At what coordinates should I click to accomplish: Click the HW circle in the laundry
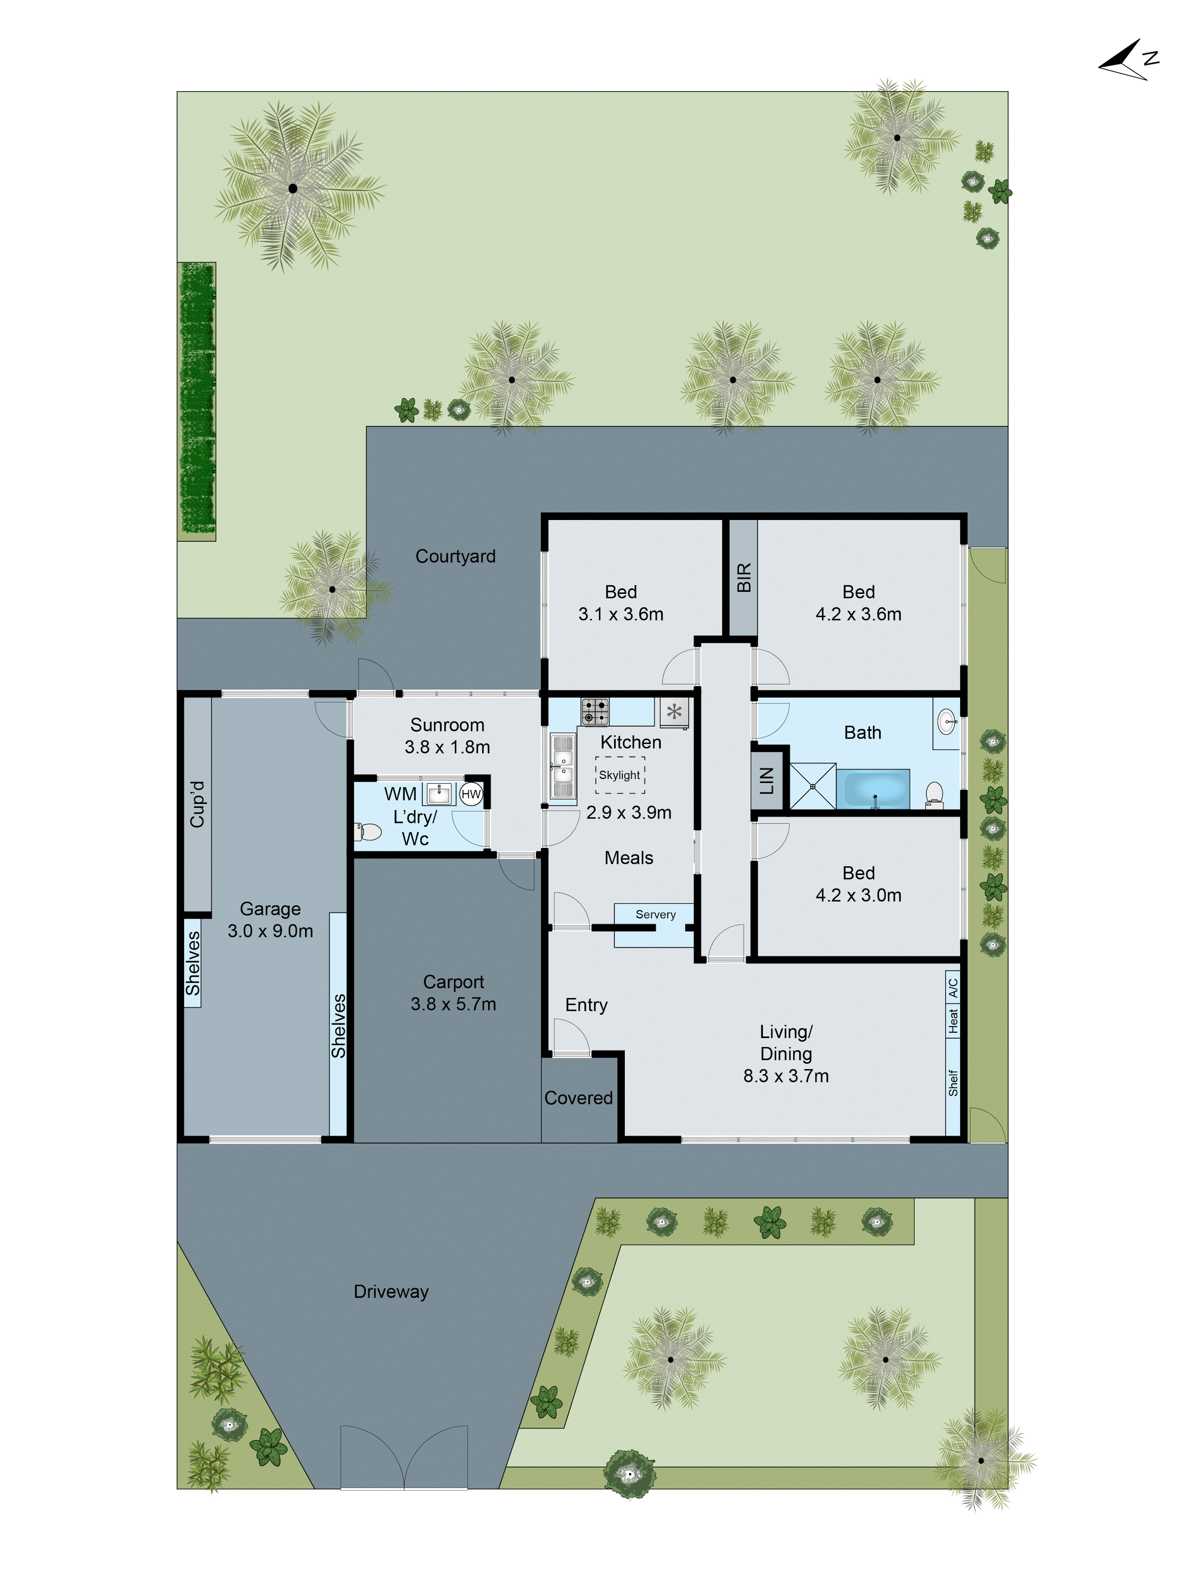pos(471,794)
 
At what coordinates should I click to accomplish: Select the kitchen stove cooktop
pos(594,711)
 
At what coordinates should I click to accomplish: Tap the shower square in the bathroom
pos(812,787)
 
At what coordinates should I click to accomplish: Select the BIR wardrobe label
pos(743,578)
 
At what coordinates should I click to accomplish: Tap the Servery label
pos(655,914)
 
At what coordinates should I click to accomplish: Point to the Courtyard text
pos(455,556)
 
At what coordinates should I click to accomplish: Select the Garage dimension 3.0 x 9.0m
pos(270,931)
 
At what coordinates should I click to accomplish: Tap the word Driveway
pos(391,1291)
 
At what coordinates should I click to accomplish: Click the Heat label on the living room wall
pos(953,1021)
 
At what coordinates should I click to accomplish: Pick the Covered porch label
pos(578,1098)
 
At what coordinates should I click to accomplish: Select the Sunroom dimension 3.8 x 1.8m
pos(448,747)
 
